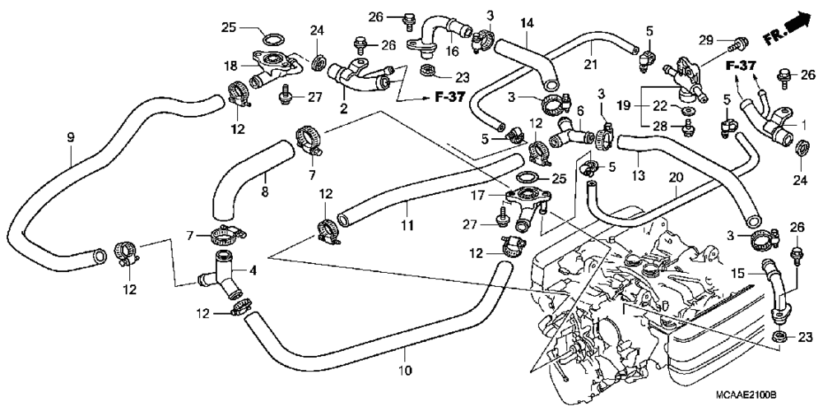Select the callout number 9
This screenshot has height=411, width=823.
pyautogui.click(x=71, y=138)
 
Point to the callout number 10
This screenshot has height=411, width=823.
pyautogui.click(x=405, y=371)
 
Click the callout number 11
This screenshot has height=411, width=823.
pyautogui.click(x=407, y=226)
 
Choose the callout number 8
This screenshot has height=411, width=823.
pyautogui.click(x=264, y=192)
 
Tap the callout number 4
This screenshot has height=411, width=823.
pyautogui.click(x=253, y=271)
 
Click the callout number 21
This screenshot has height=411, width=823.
pyautogui.click(x=591, y=65)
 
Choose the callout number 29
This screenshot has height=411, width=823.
pyautogui.click(x=706, y=39)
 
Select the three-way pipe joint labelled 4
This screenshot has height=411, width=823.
pyautogui.click(x=221, y=278)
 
